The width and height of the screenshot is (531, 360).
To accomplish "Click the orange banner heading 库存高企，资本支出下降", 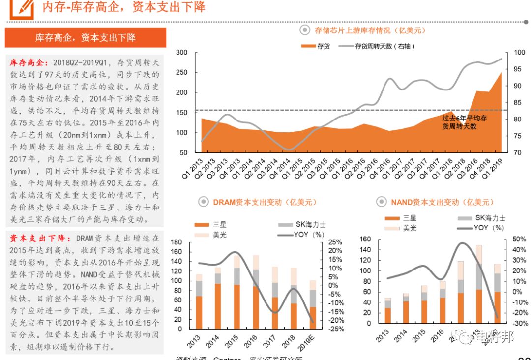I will click(x=85, y=38).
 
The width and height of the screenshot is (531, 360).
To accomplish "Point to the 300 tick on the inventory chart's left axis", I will click(x=181, y=53).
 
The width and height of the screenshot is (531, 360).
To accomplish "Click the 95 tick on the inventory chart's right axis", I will click(x=517, y=69).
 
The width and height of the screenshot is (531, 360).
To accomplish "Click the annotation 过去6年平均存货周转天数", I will click(x=464, y=122).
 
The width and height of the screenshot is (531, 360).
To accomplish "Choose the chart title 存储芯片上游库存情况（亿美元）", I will click(x=370, y=30).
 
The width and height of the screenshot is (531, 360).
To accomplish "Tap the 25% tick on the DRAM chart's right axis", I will click(x=336, y=242).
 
